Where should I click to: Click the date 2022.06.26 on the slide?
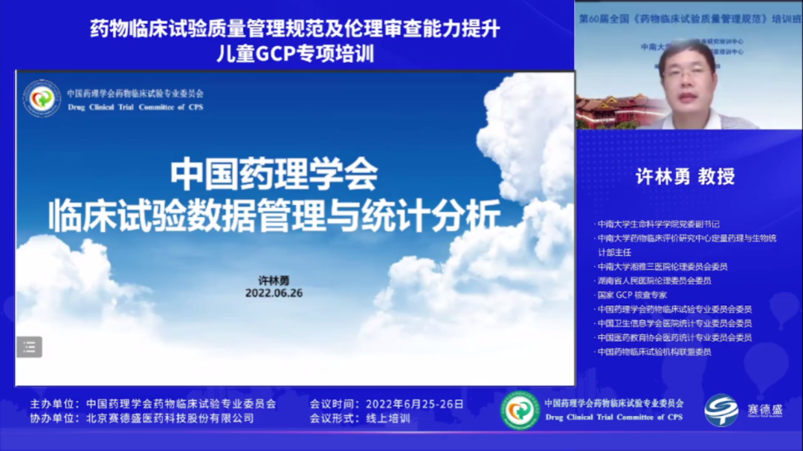[x=274, y=293]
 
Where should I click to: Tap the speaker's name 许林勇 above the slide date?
[x=274, y=280]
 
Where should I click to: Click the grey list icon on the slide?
[x=30, y=346]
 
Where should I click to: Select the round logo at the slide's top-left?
[x=42, y=99]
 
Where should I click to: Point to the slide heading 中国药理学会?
[x=274, y=175]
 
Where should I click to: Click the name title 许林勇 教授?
[x=685, y=176]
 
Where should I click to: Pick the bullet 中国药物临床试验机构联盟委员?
[x=655, y=351]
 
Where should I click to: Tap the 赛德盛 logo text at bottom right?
[x=764, y=409]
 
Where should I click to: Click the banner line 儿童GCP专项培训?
[x=294, y=53]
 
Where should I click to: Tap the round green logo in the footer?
[x=520, y=410]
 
